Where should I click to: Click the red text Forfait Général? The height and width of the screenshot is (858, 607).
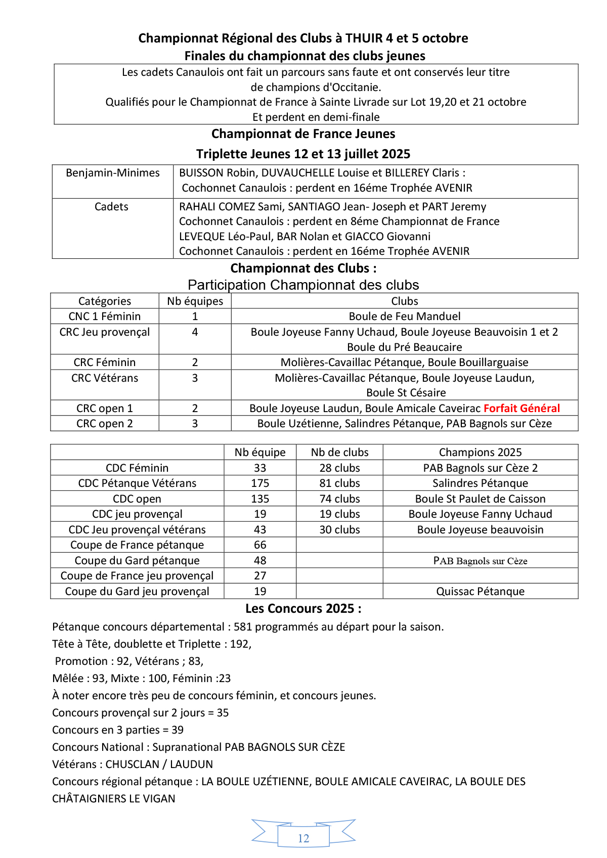tap(522, 408)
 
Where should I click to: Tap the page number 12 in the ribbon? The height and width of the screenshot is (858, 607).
tap(303, 838)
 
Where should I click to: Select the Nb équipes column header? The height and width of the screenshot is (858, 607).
tap(195, 301)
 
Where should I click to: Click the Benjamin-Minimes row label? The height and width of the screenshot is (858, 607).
tap(113, 173)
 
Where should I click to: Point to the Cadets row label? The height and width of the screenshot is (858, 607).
tap(111, 206)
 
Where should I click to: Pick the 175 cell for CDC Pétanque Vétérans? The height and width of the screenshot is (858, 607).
tap(260, 483)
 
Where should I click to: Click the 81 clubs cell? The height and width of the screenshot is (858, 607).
tap(339, 483)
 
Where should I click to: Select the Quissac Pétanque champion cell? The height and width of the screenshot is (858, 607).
tap(480, 591)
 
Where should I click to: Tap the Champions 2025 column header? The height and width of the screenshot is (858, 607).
tap(480, 452)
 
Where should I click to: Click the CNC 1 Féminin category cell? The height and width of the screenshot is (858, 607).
tap(105, 316)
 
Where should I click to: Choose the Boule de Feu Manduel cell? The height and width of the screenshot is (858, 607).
tap(405, 316)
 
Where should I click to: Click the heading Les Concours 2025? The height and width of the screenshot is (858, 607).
tap(303, 608)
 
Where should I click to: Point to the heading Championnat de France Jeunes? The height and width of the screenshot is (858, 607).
tap(303, 134)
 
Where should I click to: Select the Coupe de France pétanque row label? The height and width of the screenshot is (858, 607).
tap(137, 545)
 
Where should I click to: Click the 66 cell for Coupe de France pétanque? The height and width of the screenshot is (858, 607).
tap(260, 545)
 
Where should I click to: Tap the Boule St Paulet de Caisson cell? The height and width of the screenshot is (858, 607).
tap(480, 499)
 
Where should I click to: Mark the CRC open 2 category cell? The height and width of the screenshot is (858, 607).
tap(105, 423)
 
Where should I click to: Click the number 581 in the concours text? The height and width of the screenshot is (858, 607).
tap(243, 627)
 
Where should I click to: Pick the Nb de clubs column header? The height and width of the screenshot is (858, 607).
tap(339, 452)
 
